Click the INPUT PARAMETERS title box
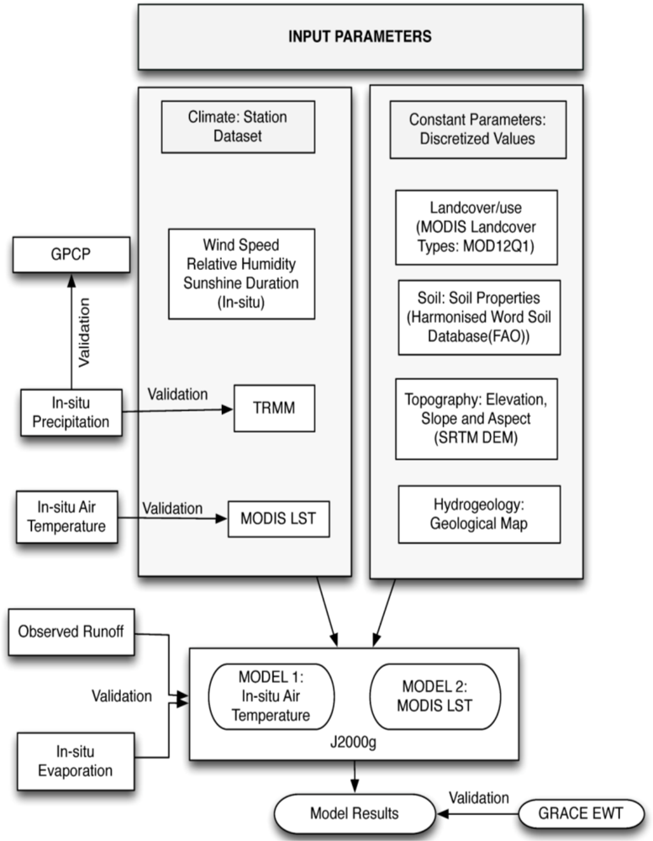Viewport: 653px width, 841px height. [361, 36]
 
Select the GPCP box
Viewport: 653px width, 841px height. [71, 254]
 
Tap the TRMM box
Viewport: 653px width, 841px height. [274, 408]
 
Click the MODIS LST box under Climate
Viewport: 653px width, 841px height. [279, 519]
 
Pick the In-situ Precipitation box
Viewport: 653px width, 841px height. [71, 412]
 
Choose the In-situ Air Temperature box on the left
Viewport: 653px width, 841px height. [66, 516]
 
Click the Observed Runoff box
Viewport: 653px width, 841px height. [71, 632]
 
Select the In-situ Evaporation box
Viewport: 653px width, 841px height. [76, 761]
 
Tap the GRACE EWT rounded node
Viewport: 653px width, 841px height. [582, 813]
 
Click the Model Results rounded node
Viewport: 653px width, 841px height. [355, 813]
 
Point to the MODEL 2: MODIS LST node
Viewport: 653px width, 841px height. [434, 696]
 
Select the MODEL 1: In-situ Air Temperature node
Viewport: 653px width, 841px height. [271, 696]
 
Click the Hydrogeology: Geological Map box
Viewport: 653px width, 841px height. [479, 515]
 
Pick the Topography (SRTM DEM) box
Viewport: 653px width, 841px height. [476, 419]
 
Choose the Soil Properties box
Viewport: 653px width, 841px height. [479, 317]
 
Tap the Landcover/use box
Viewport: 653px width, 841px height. [476, 227]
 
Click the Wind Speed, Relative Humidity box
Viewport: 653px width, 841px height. [241, 274]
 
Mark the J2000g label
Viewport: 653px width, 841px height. [353, 743]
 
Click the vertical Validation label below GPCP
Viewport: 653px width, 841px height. [84, 332]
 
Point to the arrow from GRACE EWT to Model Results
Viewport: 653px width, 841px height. [477, 813]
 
